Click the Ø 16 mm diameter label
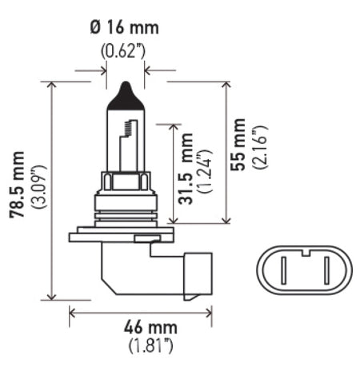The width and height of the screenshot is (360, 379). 126,29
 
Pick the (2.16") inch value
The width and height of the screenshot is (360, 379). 261,146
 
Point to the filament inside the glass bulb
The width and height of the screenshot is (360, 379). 124,144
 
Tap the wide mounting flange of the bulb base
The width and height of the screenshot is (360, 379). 120,234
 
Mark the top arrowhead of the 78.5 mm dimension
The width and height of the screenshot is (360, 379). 53,83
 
